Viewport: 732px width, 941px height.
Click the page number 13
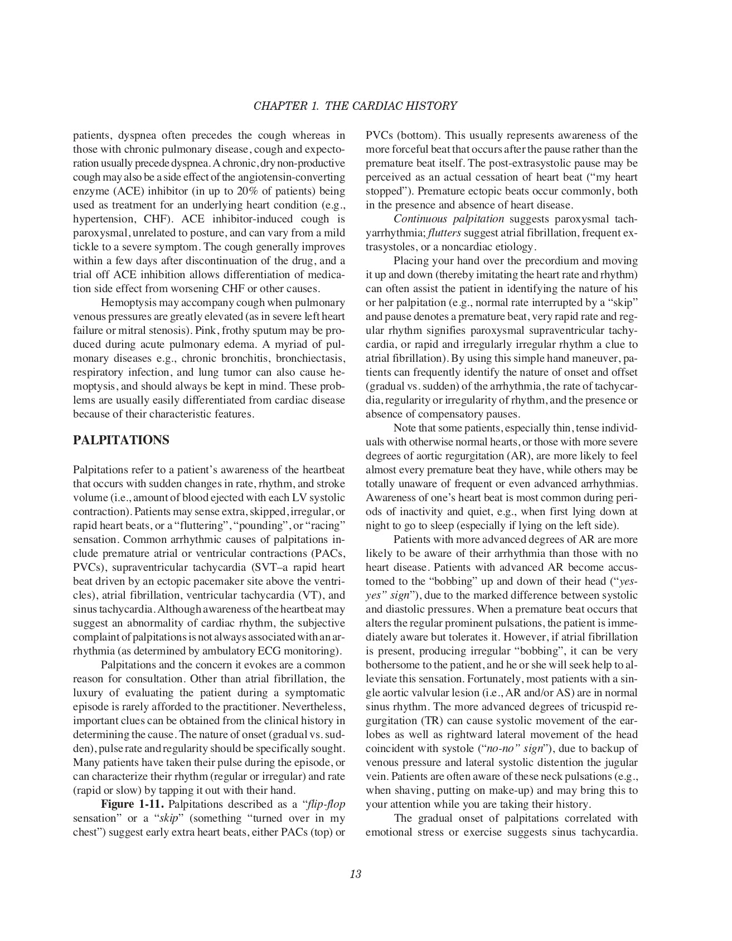coord(356,874)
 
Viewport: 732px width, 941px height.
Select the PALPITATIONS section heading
coord(121,440)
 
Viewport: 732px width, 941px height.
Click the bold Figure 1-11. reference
coord(132,804)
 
